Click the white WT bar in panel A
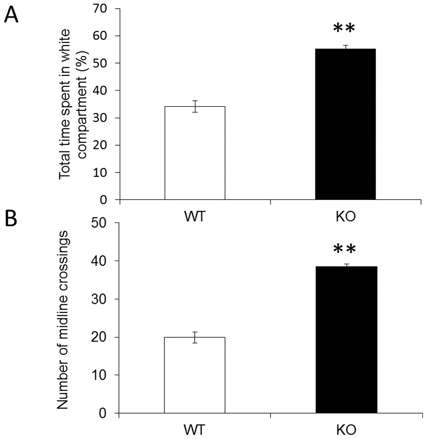pos(195,153)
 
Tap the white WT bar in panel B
pos(195,375)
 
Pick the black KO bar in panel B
pos(346,340)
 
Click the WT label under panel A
pos(195,216)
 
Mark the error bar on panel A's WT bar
pos(195,106)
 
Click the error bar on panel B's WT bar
pos(195,337)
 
